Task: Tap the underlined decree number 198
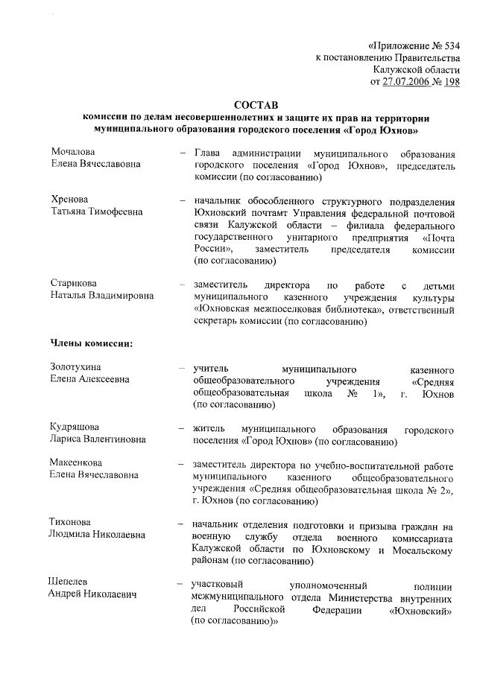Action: pos(451,81)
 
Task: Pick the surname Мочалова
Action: pos(72,152)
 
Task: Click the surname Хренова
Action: pos(69,200)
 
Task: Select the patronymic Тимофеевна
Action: pos(113,212)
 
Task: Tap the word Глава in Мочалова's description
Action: pos(209,152)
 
